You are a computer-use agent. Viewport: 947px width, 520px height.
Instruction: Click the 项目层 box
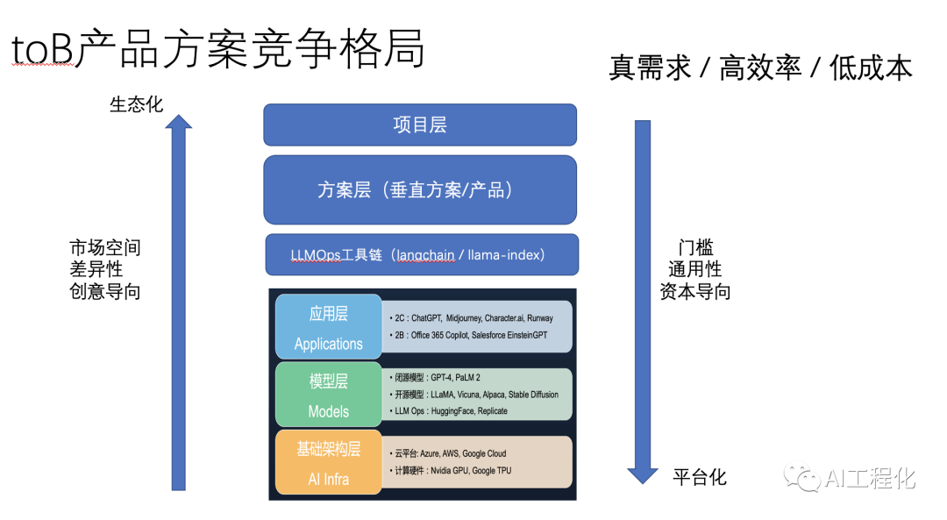(420, 125)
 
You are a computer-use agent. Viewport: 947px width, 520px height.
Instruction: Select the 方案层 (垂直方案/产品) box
(420, 189)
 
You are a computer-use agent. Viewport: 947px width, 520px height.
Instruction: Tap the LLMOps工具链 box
(422, 254)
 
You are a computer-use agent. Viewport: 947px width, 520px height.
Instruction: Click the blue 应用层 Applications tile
(329, 327)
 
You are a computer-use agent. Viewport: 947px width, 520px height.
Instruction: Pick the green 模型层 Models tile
(329, 395)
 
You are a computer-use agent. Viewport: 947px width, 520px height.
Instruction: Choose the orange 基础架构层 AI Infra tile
(329, 462)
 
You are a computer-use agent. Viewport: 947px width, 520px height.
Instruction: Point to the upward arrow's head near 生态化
(178, 121)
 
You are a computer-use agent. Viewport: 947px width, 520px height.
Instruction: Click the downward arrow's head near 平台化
(643, 476)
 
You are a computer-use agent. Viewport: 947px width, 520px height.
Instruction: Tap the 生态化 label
(137, 104)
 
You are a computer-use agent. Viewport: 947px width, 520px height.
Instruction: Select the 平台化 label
(700, 477)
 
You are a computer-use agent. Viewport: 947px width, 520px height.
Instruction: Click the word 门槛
(695, 247)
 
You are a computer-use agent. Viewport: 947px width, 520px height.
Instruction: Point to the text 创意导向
(105, 291)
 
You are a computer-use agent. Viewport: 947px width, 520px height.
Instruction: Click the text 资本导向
(695, 291)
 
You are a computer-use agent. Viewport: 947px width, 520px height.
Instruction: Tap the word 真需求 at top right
(650, 67)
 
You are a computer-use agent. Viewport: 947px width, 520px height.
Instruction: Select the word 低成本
(871, 67)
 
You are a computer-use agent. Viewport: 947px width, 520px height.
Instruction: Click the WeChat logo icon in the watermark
(801, 477)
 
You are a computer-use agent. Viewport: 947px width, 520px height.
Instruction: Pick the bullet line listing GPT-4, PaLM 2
(435, 377)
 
